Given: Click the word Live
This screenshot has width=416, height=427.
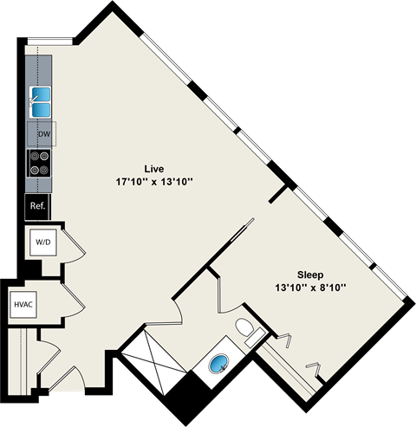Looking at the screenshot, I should coord(155,168).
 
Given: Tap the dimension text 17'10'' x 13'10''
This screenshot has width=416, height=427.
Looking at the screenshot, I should coord(154,182).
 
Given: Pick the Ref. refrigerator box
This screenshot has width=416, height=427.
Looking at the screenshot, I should coord(37,206).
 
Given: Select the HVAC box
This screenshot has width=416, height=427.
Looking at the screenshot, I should coord(23,304).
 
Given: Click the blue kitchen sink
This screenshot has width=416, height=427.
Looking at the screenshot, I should coord(41,101).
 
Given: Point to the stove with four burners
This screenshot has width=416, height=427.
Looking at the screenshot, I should coord(40,162).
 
